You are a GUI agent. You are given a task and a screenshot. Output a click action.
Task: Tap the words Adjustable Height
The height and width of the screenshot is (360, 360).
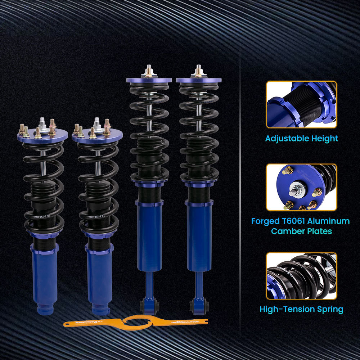tap(302, 138)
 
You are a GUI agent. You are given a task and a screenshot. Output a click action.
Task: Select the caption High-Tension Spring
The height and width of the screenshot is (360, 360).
tap(301, 309)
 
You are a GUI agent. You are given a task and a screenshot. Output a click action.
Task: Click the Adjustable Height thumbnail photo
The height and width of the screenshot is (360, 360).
tap(301, 104)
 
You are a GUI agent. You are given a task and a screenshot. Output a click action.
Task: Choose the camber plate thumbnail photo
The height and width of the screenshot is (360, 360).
tap(301, 187)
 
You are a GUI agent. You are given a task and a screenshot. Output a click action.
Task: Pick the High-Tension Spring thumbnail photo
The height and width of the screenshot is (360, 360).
tap(301, 276)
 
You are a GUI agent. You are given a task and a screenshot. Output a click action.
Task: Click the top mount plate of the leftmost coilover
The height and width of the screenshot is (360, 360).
tap(42, 136)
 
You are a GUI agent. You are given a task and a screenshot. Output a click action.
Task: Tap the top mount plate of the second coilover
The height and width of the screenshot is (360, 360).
tap(97, 136)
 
